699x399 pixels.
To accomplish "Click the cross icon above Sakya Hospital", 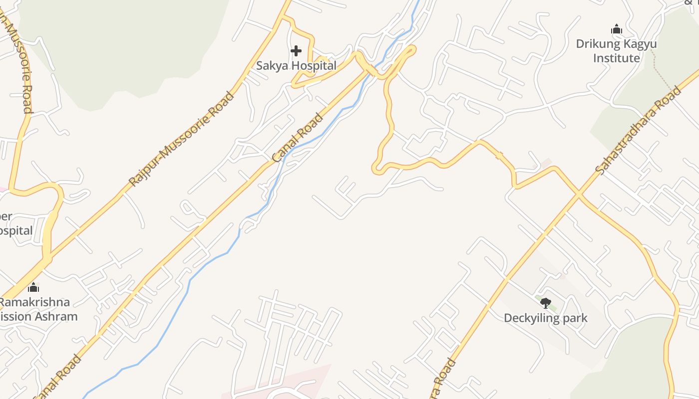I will tap(296, 51).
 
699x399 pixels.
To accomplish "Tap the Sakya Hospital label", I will tap(296, 65).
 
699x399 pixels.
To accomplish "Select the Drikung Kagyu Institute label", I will tap(616, 51).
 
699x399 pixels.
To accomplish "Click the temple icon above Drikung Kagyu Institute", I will tap(617, 29).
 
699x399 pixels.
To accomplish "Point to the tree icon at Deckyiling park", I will tap(545, 303).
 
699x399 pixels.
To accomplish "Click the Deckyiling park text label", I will tap(545, 318).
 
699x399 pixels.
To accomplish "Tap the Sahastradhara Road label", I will tap(638, 131).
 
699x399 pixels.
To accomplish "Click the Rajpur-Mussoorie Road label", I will tap(181, 139).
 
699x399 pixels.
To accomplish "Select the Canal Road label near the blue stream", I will tap(298, 138).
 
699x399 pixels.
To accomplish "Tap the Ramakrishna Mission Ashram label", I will tap(37, 309).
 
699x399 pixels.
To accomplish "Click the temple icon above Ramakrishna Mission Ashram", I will tap(33, 287).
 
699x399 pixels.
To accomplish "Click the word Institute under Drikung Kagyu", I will tap(616, 58).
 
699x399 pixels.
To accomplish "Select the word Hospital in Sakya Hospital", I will tap(315, 65).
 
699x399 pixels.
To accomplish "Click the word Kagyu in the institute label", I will tap(639, 44).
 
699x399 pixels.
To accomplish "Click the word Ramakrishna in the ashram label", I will tap(35, 302).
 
